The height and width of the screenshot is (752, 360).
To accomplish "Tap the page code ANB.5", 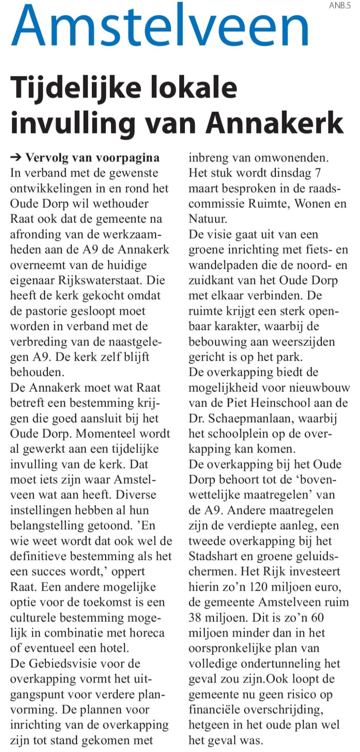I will click(x=340, y=6).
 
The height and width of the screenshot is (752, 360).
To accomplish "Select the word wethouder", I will click(x=122, y=204).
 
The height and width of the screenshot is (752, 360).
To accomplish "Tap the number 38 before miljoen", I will click(x=196, y=618).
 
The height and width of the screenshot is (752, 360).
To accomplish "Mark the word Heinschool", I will click(x=280, y=403).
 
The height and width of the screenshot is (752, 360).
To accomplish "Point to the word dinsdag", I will click(x=291, y=173).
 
